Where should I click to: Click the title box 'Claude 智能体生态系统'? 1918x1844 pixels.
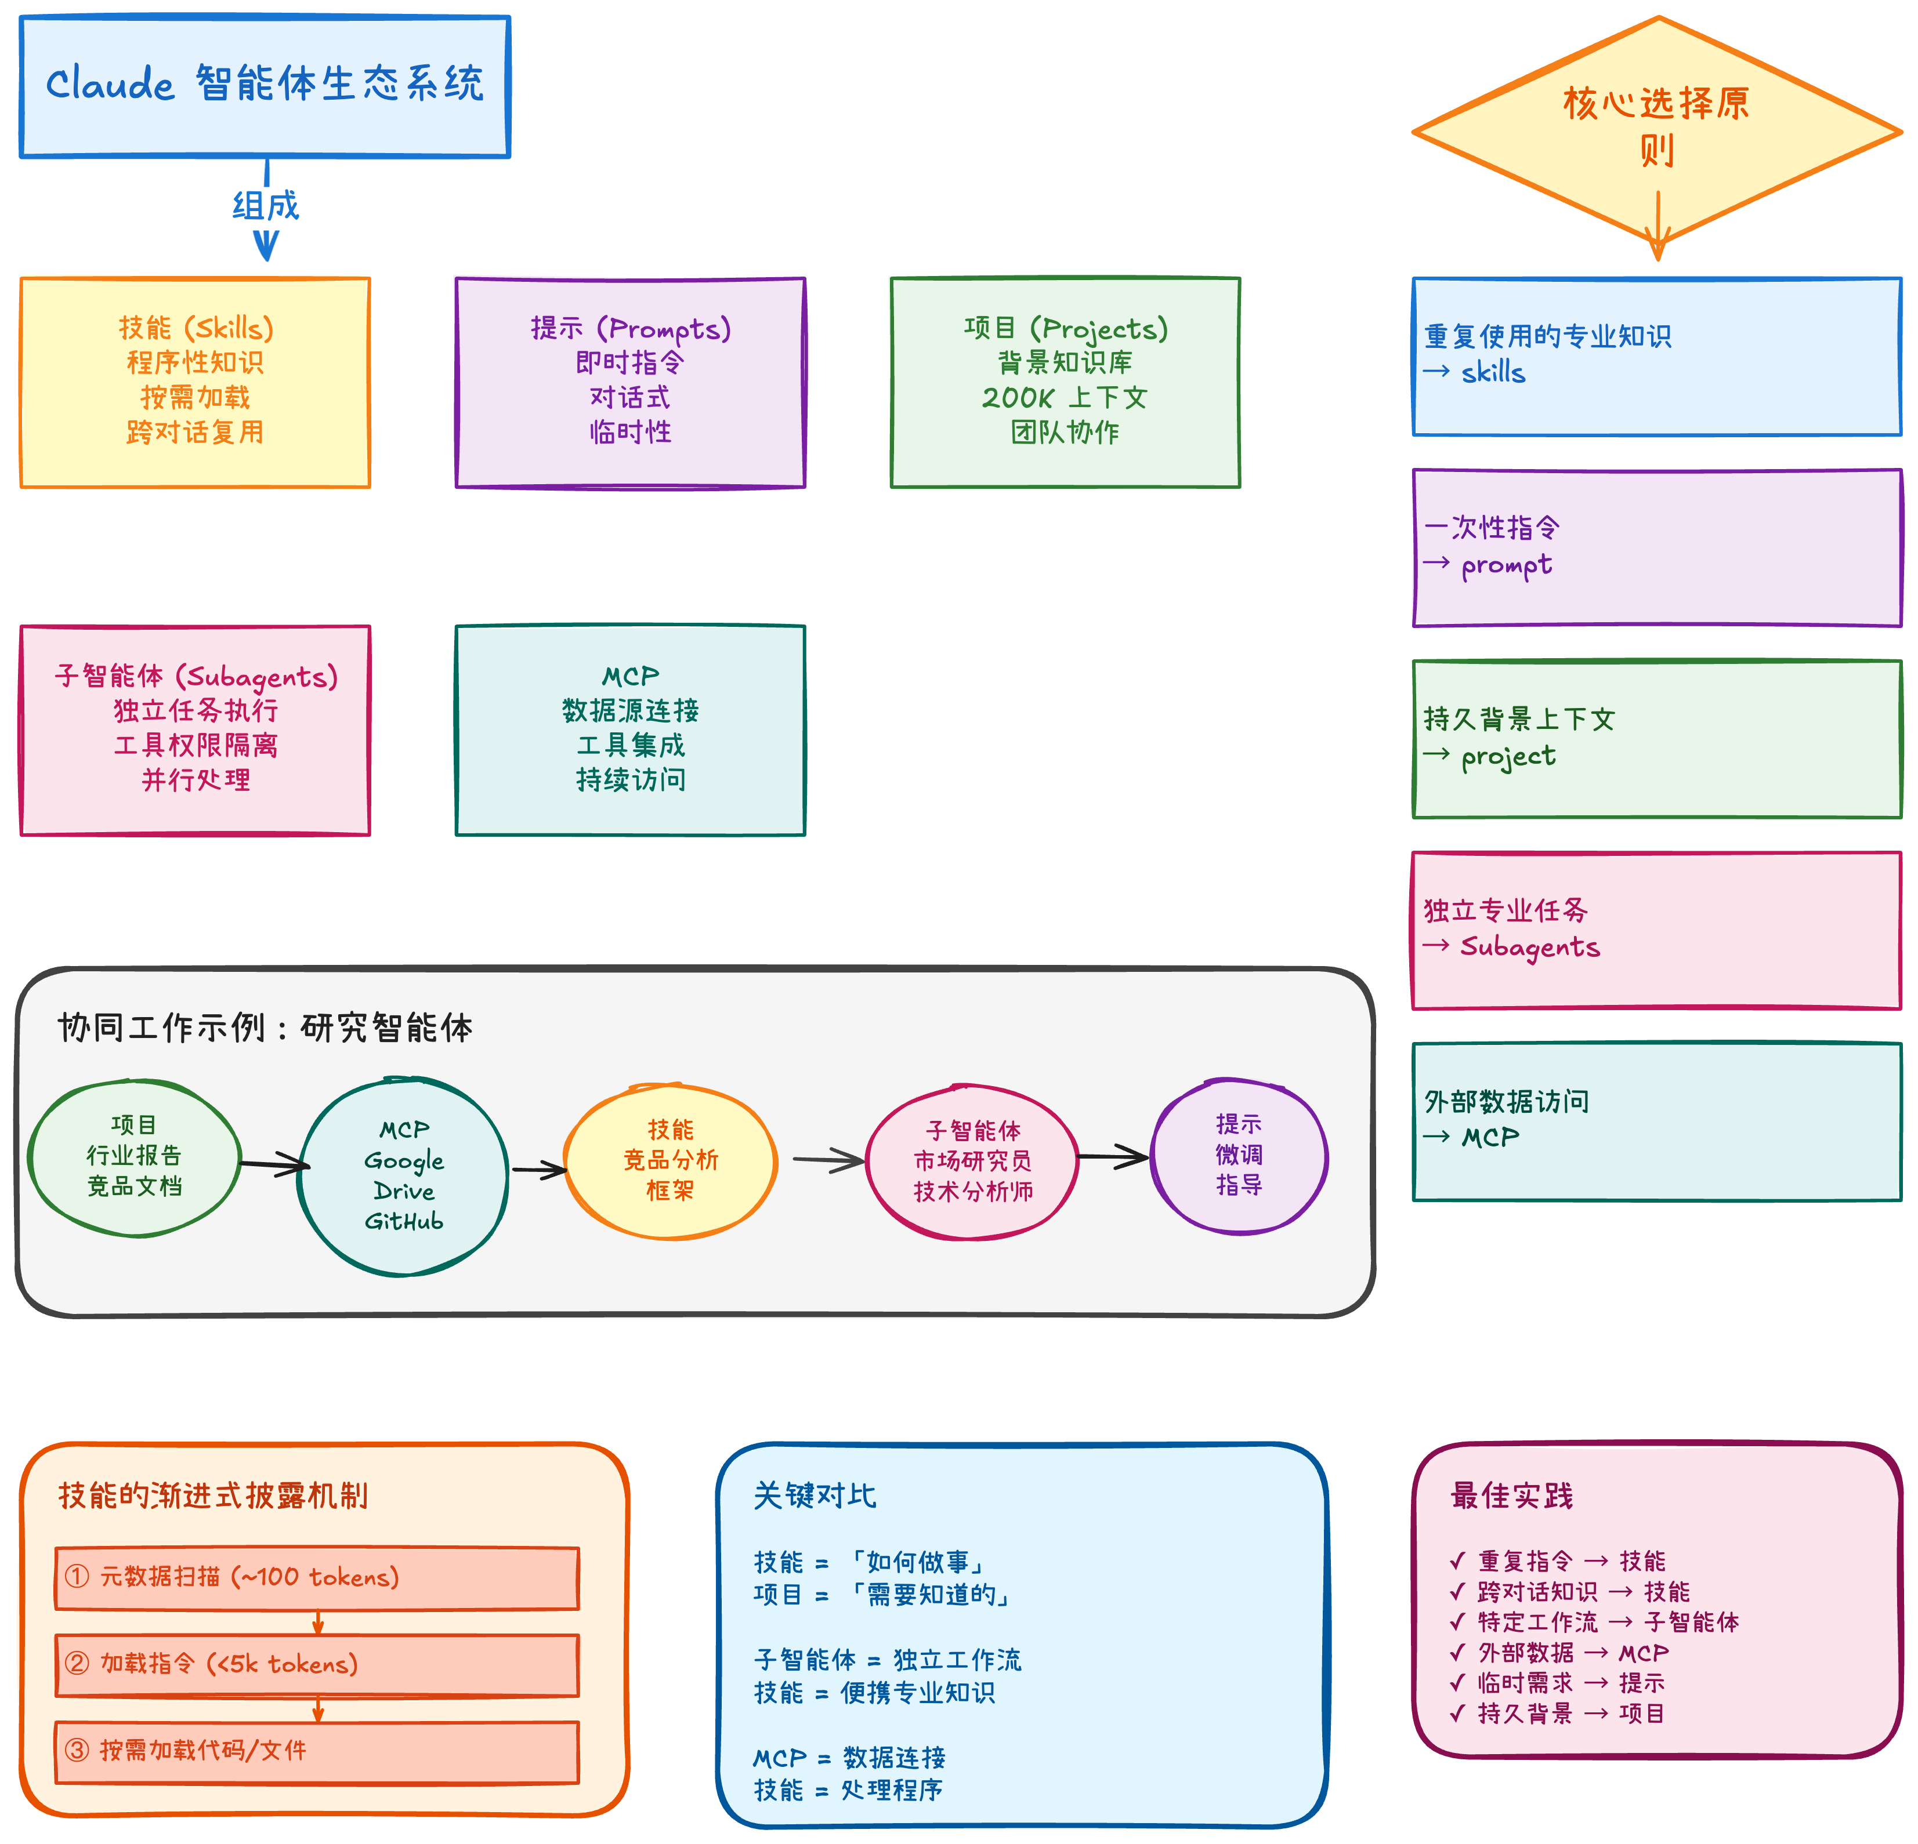click(x=264, y=86)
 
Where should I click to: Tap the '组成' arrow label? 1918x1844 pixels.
click(x=265, y=205)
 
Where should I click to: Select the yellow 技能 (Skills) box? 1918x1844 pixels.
click(x=195, y=382)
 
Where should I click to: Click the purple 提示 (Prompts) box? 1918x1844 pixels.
click(x=630, y=382)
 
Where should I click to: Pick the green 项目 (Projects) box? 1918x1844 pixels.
click(x=1065, y=382)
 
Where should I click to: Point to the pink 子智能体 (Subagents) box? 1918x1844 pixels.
click(x=195, y=730)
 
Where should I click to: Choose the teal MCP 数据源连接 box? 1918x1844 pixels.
click(x=630, y=730)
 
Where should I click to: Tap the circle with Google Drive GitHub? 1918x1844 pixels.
click(x=403, y=1176)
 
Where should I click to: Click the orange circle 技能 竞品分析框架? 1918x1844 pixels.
click(x=670, y=1160)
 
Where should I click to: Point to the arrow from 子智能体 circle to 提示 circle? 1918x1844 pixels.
click(x=1114, y=1157)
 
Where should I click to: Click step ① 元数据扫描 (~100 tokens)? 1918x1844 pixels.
click(x=317, y=1577)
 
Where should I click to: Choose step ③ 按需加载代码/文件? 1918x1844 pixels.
click(x=317, y=1751)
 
